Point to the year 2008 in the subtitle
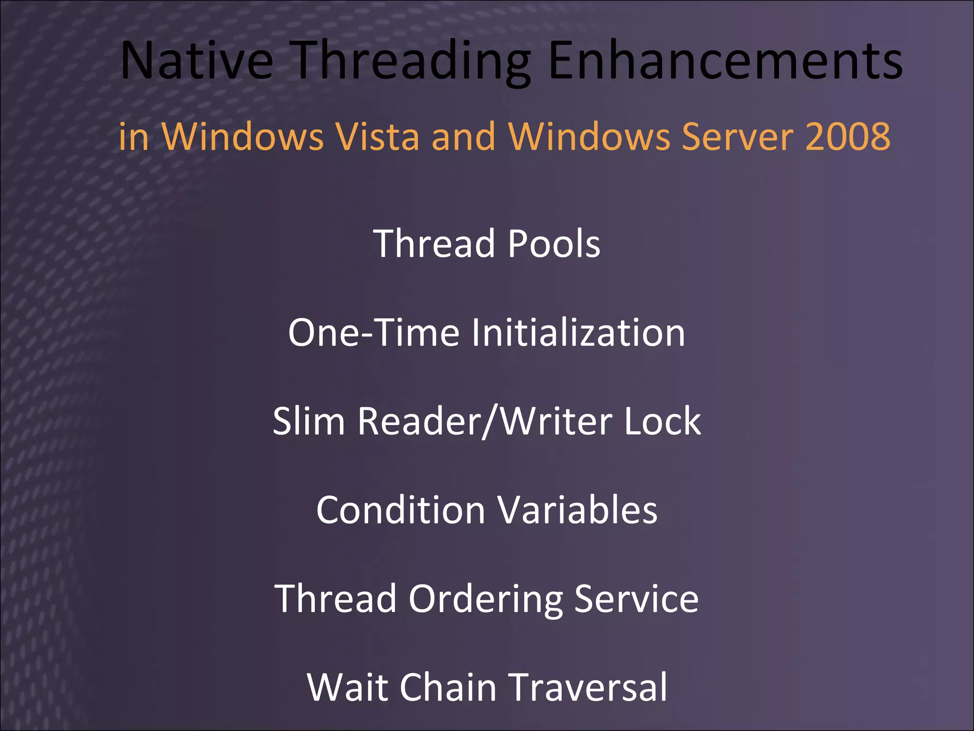[x=847, y=137]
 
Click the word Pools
[x=554, y=244]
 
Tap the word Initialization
[x=578, y=333]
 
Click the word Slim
[x=309, y=421]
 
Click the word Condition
[x=400, y=510]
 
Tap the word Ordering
[x=486, y=600]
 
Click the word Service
[x=636, y=599]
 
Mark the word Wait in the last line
[x=348, y=687]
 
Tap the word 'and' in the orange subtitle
[x=463, y=137]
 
